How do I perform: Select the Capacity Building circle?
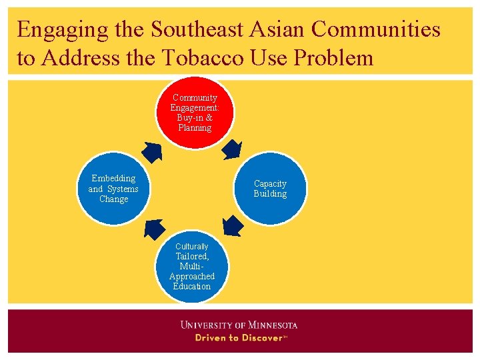270,189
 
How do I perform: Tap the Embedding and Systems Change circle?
113,189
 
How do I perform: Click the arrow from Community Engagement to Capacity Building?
232,149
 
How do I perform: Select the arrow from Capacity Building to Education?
233,227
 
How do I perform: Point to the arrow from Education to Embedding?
155,228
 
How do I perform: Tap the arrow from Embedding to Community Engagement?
153,152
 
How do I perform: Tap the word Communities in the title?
375,30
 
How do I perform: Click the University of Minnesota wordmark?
239,325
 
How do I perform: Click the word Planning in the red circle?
195,128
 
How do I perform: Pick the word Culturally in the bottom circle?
192,247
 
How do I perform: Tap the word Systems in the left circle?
123,189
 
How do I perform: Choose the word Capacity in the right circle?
270,184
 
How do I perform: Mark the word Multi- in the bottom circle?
192,266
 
